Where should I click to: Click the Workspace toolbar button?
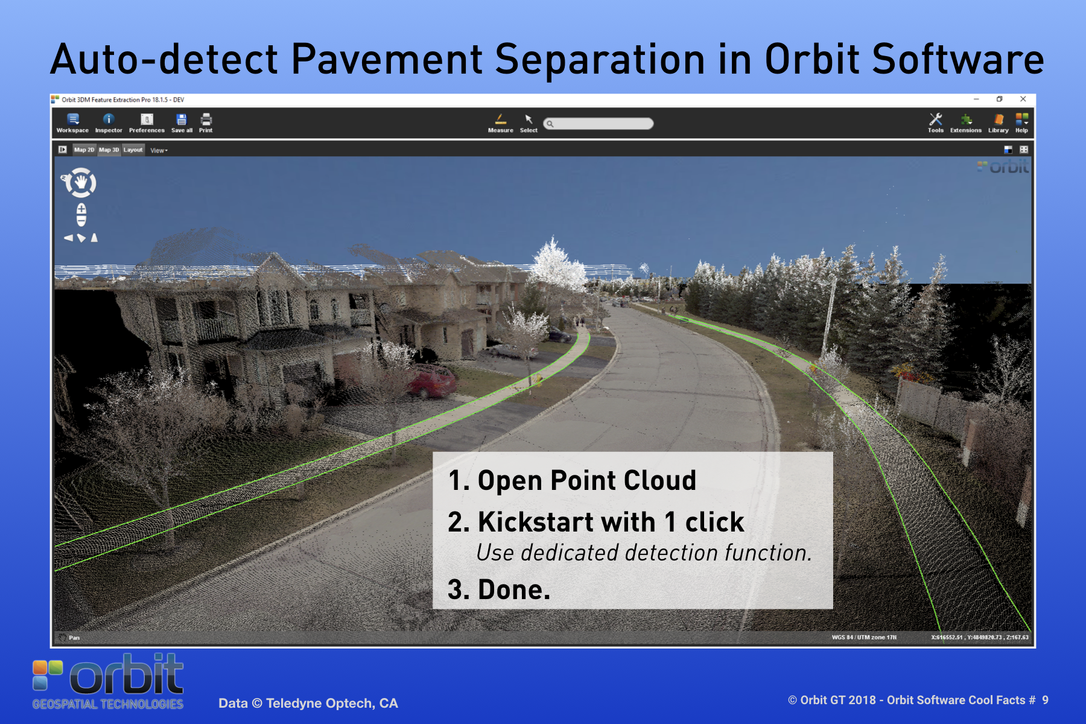tap(72, 123)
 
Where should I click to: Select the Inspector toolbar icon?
tap(109, 123)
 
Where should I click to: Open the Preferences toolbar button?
tap(147, 123)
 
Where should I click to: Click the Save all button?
tap(182, 123)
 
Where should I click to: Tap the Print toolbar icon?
tap(206, 123)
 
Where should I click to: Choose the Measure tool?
tap(501, 123)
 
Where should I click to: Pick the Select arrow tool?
tap(529, 123)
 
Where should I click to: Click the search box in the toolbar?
tap(598, 124)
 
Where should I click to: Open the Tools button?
tap(936, 123)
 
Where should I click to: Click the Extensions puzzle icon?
tap(966, 119)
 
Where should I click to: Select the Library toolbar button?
tap(999, 123)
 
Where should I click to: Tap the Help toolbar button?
tap(1021, 123)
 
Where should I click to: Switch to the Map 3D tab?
tap(109, 150)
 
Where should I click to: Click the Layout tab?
tap(133, 150)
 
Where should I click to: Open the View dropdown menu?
tap(159, 150)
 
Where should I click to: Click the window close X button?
tap(1023, 99)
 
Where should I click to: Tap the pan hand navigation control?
tap(81, 182)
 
